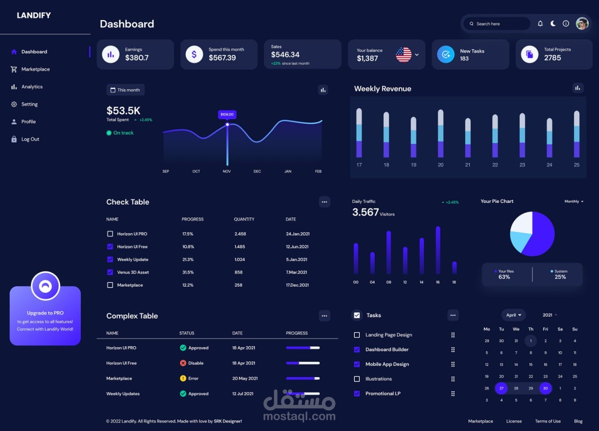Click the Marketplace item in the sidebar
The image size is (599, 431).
(35, 69)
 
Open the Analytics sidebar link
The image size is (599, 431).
(32, 87)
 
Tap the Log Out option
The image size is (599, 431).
(30, 139)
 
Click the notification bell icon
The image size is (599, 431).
(540, 23)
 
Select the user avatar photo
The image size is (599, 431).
(582, 23)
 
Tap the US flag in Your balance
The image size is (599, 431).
(403, 55)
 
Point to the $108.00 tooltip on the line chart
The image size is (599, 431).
(227, 114)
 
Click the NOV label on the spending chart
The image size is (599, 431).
(227, 171)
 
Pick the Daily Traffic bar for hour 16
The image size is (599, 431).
(438, 250)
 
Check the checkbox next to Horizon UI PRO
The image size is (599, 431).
(110, 234)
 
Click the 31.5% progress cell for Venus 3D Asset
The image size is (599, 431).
(188, 272)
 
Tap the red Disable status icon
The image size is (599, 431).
(183, 363)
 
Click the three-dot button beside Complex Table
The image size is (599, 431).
(324, 316)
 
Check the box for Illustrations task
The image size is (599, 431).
(357, 379)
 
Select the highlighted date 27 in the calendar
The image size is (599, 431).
(501, 388)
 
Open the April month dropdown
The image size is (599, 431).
(513, 315)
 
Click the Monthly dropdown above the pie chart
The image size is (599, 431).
(574, 201)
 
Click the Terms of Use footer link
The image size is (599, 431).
(548, 421)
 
